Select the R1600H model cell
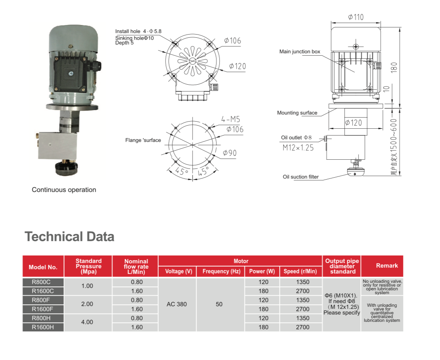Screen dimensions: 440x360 [x=43, y=327]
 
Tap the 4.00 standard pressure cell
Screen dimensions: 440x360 [x=87, y=322]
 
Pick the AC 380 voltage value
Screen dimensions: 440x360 [x=176, y=304]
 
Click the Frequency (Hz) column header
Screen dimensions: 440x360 [x=222, y=271]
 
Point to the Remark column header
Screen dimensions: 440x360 [x=387, y=266]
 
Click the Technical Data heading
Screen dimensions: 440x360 [x=69, y=236]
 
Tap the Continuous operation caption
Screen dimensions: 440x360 [x=64, y=190]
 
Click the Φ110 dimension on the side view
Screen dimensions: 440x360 [x=356, y=17]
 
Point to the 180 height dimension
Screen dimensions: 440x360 [x=394, y=68]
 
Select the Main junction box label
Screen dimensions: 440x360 [x=300, y=52]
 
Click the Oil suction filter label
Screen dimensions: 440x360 [x=301, y=177]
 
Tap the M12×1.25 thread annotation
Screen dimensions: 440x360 [x=298, y=148]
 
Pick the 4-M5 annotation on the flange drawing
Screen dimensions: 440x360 [x=231, y=119]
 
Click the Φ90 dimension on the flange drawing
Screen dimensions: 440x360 [x=230, y=153]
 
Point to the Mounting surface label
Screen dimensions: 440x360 [x=297, y=113]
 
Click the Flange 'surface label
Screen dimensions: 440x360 [x=143, y=140]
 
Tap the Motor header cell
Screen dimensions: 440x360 [x=241, y=261]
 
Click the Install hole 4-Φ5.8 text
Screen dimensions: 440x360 [x=138, y=31]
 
